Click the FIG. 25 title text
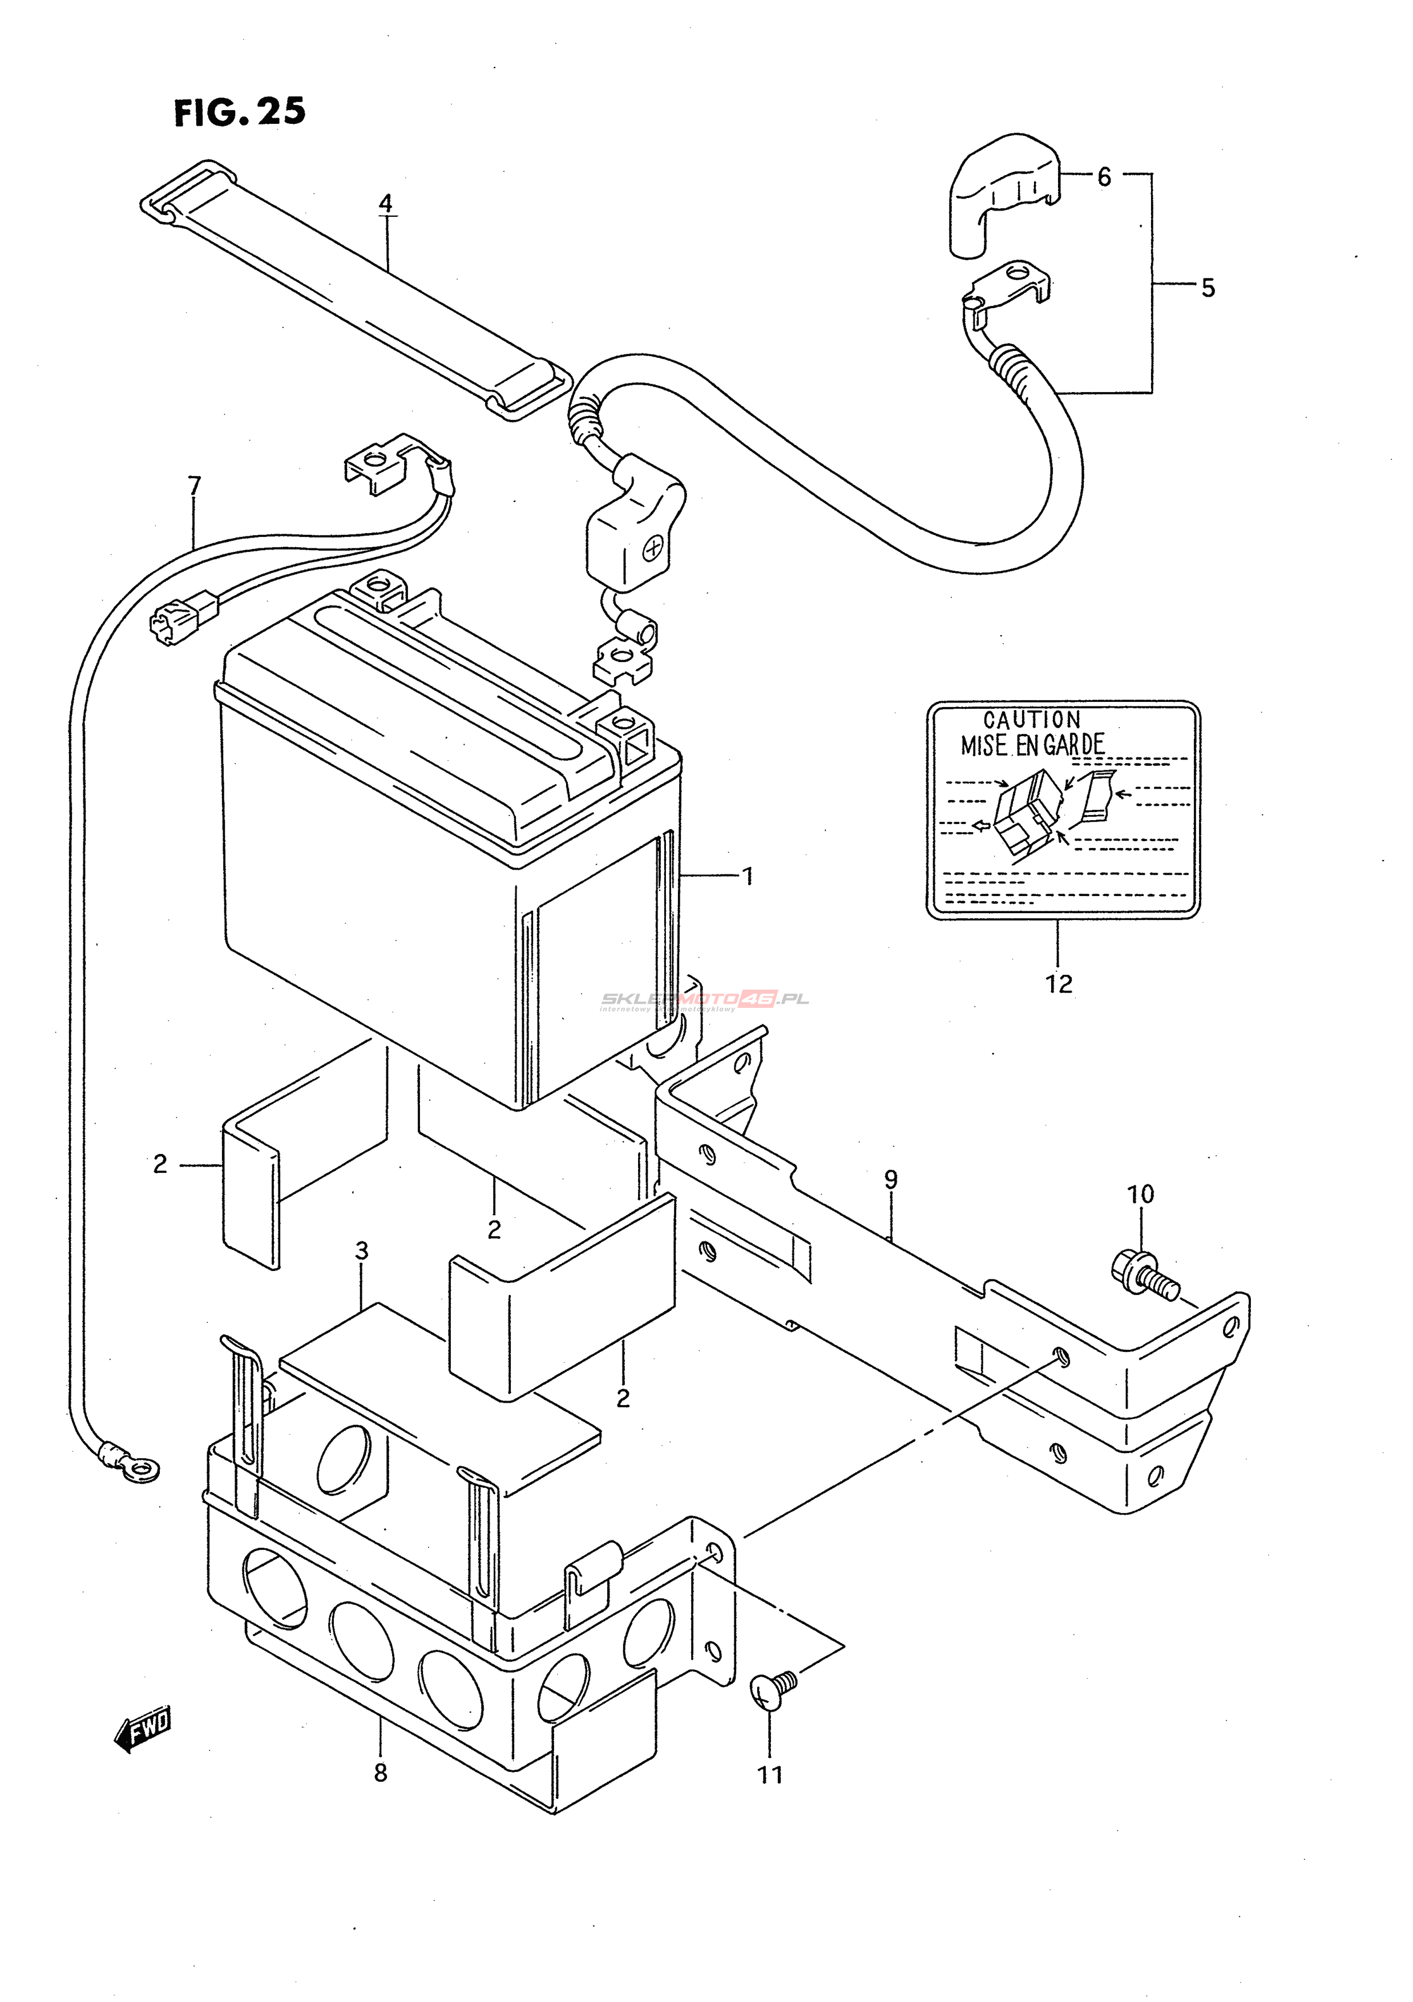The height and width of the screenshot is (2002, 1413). tap(240, 112)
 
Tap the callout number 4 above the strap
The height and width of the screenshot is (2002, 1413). tap(385, 204)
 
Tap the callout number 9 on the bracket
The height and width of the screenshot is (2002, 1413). tap(890, 1180)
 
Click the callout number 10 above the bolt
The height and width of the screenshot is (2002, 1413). tap(1140, 1194)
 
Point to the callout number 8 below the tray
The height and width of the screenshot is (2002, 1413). tap(380, 1773)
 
